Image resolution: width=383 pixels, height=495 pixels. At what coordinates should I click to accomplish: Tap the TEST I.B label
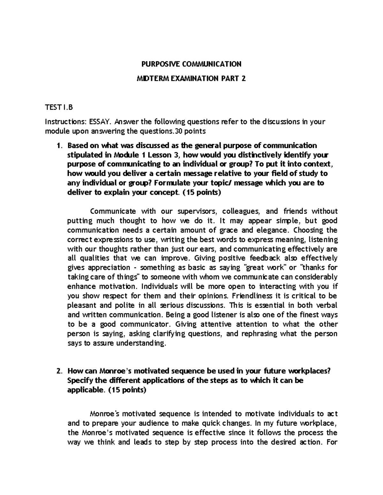(x=59, y=107)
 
